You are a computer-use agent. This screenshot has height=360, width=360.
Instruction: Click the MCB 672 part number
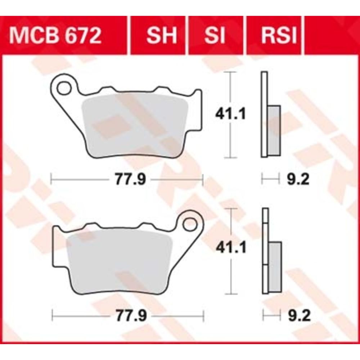click(55, 36)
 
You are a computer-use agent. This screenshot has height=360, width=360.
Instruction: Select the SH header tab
click(162, 36)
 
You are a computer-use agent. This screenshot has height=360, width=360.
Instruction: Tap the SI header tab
click(215, 36)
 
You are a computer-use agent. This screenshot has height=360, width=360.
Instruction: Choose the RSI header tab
click(279, 36)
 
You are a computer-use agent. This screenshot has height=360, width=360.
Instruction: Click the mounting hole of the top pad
click(64, 89)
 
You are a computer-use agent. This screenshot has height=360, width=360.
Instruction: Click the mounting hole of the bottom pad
click(190, 224)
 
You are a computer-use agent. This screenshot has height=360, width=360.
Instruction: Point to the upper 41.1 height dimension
click(230, 114)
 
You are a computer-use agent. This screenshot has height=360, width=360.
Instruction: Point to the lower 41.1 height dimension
click(231, 247)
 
